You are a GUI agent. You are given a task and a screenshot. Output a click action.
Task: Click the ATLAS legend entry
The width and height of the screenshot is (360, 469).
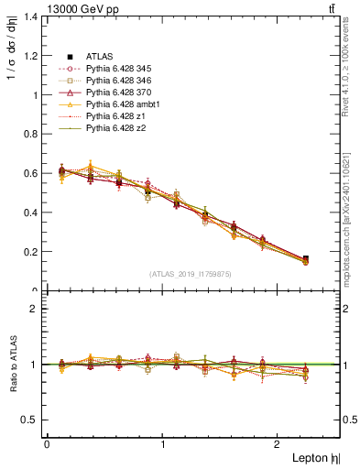[x=99, y=57]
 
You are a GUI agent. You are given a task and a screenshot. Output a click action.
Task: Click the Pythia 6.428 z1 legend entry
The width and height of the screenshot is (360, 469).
[x=115, y=116]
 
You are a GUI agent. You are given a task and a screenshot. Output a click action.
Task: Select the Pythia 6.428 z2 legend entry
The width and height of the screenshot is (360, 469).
[x=115, y=128]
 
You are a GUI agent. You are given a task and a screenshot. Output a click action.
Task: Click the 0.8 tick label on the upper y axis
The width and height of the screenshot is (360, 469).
[x=31, y=134]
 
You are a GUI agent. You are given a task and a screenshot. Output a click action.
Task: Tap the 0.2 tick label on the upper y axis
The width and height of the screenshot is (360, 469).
[x=31, y=252]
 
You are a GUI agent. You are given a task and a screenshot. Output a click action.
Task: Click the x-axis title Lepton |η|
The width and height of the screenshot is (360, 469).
[x=314, y=458]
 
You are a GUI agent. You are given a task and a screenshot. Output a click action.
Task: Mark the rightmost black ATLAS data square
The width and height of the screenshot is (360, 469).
[x=305, y=259]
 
